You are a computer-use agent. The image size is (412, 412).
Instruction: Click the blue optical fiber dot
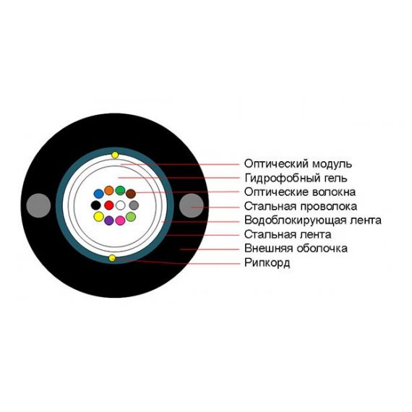click(x=99, y=194)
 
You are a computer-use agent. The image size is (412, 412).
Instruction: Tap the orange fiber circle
click(x=109, y=191)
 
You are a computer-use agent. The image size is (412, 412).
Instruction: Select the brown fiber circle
click(x=131, y=194)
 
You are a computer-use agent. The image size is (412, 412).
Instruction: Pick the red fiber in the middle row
click(x=108, y=205)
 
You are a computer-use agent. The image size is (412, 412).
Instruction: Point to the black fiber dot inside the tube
click(x=95, y=205)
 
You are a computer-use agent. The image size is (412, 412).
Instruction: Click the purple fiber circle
click(x=109, y=220)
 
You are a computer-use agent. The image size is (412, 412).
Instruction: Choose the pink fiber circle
click(x=120, y=220)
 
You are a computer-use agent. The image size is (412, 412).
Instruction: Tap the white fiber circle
click(x=120, y=205)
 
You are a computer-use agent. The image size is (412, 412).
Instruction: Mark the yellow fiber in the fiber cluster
click(x=99, y=217)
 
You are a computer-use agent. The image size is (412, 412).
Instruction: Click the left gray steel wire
click(x=38, y=205)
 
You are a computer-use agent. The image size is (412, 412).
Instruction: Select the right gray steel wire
click(x=192, y=205)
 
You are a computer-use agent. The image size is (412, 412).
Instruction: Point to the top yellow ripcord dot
click(x=115, y=155)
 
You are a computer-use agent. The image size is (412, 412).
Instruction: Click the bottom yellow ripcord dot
click(x=112, y=258)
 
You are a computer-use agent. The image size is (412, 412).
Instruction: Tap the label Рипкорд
click(x=267, y=263)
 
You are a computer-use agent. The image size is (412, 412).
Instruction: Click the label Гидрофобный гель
click(x=296, y=178)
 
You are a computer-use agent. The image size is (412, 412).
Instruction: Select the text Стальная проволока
click(x=301, y=207)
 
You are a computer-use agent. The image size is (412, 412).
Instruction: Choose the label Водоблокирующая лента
click(x=313, y=220)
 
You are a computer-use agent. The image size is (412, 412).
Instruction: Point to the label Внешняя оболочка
click(x=296, y=249)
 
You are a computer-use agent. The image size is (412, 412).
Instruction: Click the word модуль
click(x=332, y=164)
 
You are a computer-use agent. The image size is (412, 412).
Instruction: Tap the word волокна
click(x=334, y=192)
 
